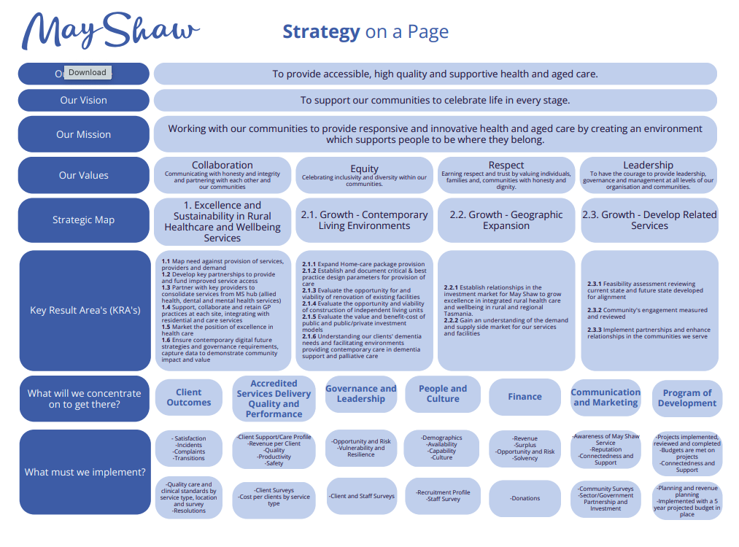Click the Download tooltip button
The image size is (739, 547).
coord(88,72)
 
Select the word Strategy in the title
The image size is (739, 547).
coord(321,32)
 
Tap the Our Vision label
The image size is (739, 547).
coord(83,101)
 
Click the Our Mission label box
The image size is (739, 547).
coord(83,134)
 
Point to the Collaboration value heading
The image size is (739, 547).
coord(222,166)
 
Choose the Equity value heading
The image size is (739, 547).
coord(364,168)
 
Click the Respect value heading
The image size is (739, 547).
coord(506,166)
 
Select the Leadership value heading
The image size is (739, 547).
coord(648,166)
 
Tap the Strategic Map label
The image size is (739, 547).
coord(83,220)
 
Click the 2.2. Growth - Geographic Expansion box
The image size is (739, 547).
coord(506,220)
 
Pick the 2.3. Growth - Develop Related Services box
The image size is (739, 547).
coord(649,220)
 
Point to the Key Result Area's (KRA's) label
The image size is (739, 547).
coord(85,310)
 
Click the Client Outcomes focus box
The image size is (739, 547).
coord(188,397)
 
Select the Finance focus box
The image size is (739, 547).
coord(525,397)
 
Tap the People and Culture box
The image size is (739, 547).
coord(442,394)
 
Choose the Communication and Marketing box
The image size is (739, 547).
coord(605,397)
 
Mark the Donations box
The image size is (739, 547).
coord(525,499)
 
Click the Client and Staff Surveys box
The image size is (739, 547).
coord(362,496)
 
